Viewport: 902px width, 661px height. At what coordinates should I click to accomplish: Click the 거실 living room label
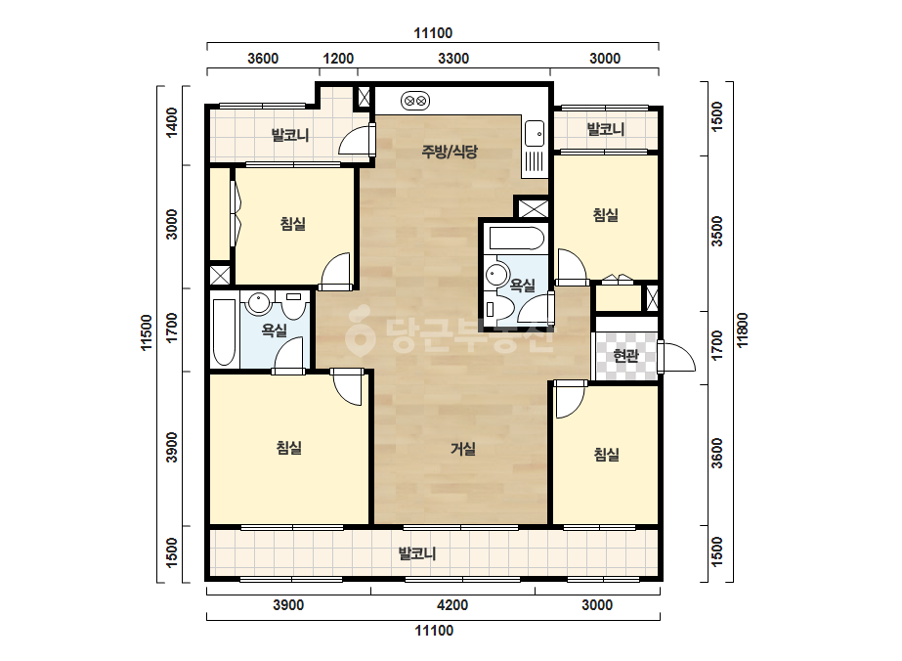462,448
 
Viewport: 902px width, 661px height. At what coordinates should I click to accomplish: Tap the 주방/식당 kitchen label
450,152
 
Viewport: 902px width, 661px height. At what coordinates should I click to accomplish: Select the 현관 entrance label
625,355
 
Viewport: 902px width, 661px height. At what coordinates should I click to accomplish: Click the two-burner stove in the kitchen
415,102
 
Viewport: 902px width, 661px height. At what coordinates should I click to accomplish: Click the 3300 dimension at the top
453,58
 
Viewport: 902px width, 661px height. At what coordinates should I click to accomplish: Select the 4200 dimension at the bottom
452,604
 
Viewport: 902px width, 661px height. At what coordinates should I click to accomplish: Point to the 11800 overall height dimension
742,330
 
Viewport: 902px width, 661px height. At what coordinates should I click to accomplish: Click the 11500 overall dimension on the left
147,332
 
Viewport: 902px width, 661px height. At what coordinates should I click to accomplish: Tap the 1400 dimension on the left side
171,122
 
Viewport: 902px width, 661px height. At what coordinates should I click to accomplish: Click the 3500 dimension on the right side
716,231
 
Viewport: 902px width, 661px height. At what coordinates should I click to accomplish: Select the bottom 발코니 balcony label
417,553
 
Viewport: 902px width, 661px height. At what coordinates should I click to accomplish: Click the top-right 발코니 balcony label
605,129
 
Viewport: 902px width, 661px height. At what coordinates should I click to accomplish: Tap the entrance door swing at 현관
677,357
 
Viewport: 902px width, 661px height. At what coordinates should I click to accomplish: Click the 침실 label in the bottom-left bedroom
289,448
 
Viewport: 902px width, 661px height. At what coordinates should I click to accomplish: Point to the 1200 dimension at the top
338,58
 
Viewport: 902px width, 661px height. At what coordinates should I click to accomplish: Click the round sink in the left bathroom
259,303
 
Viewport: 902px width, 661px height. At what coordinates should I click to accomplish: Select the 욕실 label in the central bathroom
522,285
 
